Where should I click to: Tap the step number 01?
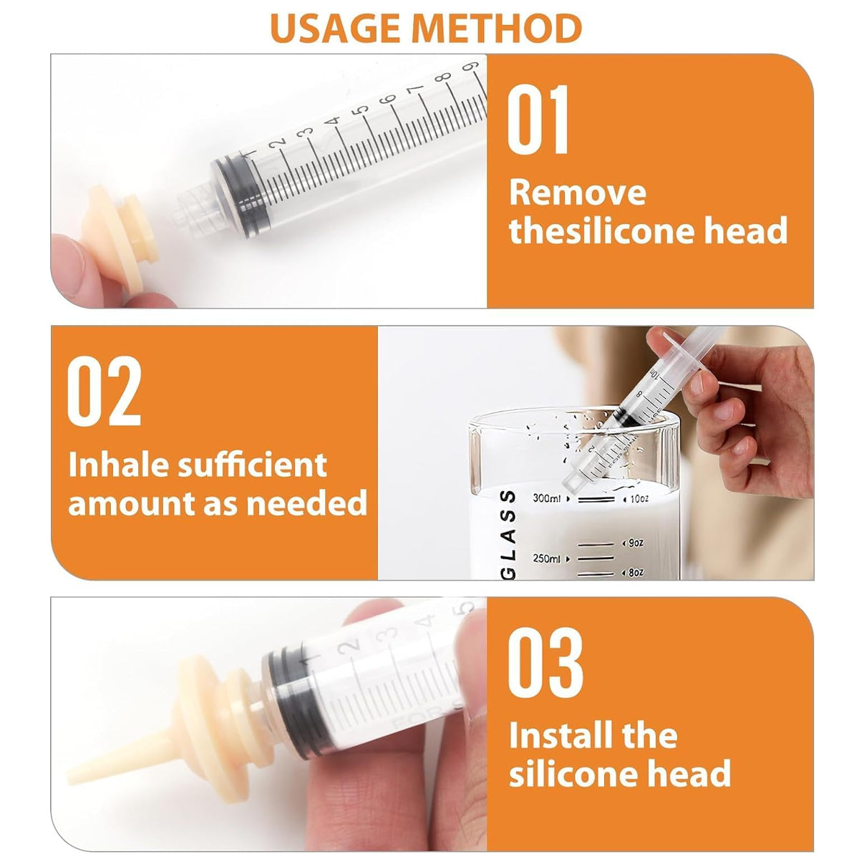[x=538, y=120]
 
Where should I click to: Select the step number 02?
[x=104, y=392]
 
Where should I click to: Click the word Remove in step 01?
[x=577, y=193]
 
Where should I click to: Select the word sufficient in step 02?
[x=251, y=465]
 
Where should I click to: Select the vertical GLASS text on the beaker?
[x=507, y=533]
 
